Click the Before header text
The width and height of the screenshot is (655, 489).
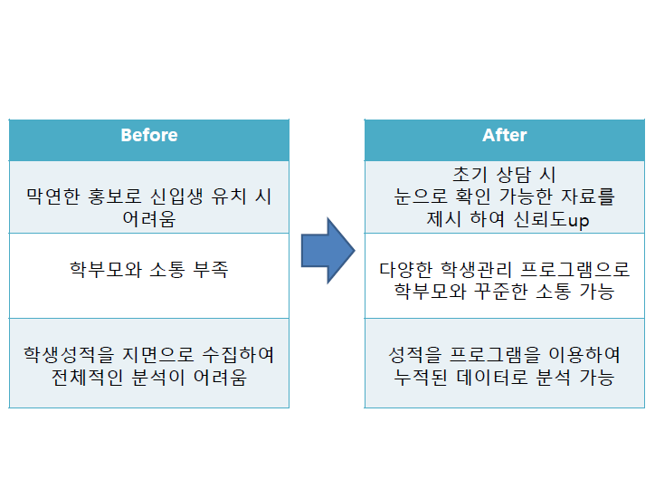coord(149,135)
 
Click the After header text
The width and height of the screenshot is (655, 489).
coord(505,135)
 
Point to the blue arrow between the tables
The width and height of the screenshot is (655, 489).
coord(327,251)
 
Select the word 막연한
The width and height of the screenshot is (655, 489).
coord(53,197)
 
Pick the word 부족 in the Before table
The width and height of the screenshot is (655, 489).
coord(211,270)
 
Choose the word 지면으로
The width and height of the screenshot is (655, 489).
coord(158,355)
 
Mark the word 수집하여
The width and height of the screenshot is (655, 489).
coord(238,355)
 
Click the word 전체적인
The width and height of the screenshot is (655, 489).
coord(87,377)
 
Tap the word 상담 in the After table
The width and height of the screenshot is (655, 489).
coord(513,174)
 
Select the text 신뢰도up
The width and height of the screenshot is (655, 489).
coord(551,219)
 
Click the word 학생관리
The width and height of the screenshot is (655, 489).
coord(476,270)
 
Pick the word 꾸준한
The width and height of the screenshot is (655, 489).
coord(500,292)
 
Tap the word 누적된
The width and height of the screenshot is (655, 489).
coord(421,377)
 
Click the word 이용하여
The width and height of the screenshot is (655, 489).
coord(584,355)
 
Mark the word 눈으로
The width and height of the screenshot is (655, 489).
coord(421,197)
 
